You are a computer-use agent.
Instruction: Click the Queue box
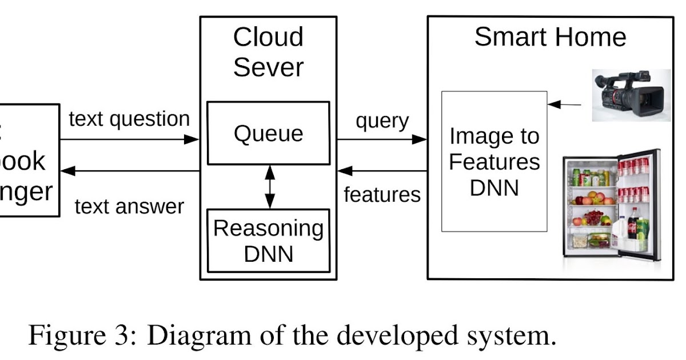268,133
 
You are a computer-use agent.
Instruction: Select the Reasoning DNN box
268,240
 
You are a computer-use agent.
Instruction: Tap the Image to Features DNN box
494,161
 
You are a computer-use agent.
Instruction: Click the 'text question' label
129,119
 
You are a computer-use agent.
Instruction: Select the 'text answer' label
129,206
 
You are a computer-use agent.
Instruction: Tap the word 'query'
382,121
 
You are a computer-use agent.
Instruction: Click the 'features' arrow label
382,195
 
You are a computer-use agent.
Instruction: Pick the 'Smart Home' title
550,37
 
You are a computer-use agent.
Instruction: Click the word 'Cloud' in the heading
268,37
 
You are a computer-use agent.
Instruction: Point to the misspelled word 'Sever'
268,67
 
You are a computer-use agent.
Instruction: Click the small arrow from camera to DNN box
564,105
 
